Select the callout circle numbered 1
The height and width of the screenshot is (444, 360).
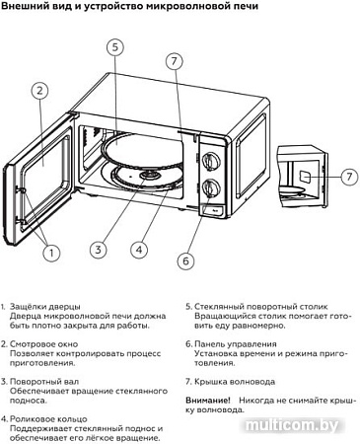click(51, 253)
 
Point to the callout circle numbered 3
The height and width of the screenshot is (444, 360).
click(98, 249)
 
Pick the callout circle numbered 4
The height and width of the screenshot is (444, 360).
click(139, 249)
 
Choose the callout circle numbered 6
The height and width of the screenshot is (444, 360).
click(185, 260)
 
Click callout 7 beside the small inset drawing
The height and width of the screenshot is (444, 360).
click(345, 177)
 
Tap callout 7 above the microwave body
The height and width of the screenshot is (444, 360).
click(175, 61)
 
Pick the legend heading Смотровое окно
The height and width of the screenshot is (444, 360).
click(49, 344)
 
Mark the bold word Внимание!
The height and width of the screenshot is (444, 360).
click(208, 400)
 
